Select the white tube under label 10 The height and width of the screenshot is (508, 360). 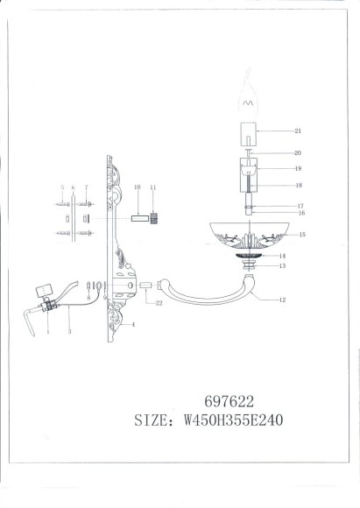click(x=137, y=216)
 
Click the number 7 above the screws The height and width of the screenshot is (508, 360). click(x=86, y=187)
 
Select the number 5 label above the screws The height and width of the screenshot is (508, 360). click(x=61, y=187)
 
